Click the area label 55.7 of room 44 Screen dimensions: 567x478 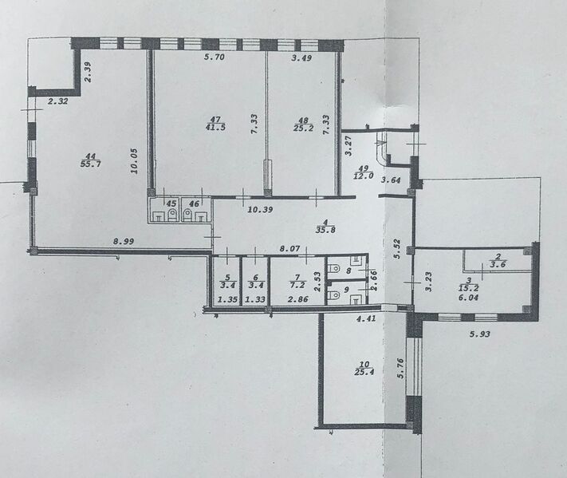[90, 164]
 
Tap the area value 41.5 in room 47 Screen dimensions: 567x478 [215, 127]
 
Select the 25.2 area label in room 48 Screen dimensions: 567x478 [303, 128]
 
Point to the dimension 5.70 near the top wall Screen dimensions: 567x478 [215, 57]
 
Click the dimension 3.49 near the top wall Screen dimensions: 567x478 [301, 57]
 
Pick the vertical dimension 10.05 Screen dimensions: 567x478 [134, 161]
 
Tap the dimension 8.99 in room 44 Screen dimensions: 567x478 [124, 241]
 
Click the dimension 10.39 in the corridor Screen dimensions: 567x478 [260, 209]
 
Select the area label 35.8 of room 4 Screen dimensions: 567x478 [325, 230]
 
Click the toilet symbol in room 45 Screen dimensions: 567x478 [172, 214]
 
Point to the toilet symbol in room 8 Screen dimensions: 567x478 [333, 269]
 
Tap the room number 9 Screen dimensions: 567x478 [346, 290]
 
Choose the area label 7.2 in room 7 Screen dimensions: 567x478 [297, 285]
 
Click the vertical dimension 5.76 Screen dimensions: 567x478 [400, 368]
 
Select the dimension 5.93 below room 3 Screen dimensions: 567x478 [480, 334]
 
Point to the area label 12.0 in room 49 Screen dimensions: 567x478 [364, 176]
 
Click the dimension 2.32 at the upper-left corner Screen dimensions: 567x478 [58, 101]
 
